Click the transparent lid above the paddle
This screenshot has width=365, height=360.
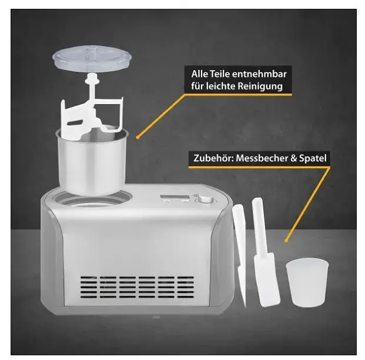point(92,58)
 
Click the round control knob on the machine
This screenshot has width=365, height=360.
point(206,200)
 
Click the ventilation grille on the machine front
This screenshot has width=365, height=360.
point(137,287)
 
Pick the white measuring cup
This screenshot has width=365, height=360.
point(307,283)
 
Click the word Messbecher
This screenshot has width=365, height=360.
point(262,158)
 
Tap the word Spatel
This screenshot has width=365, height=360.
point(313,158)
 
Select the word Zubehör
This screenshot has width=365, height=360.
point(213,158)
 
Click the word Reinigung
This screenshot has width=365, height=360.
point(260,86)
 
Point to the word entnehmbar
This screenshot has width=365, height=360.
point(259,74)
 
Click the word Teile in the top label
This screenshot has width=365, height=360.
point(220,74)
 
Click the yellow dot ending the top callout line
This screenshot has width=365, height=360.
point(138,138)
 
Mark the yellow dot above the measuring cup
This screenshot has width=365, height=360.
point(286,241)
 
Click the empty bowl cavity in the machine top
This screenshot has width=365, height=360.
point(92,200)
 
